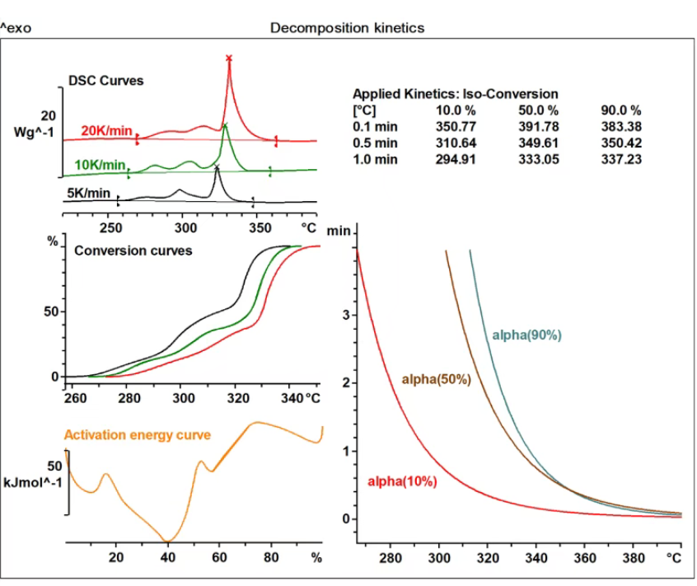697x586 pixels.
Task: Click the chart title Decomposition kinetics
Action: pyautogui.click(x=347, y=28)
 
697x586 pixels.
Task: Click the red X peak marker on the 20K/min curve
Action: pyautogui.click(x=229, y=58)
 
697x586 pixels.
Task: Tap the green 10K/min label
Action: pyautogui.click(x=99, y=165)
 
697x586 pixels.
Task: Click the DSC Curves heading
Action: pyautogui.click(x=105, y=81)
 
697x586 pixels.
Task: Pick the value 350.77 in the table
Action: pyautogui.click(x=456, y=127)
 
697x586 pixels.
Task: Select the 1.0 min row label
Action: pyautogui.click(x=372, y=159)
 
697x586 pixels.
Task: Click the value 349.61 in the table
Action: pyautogui.click(x=538, y=143)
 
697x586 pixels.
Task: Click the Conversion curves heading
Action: pyautogui.click(x=133, y=250)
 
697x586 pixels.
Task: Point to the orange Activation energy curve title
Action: pyautogui.click(x=137, y=434)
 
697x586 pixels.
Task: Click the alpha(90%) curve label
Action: pyautogui.click(x=526, y=335)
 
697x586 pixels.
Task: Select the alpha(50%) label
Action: pyautogui.click(x=435, y=379)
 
